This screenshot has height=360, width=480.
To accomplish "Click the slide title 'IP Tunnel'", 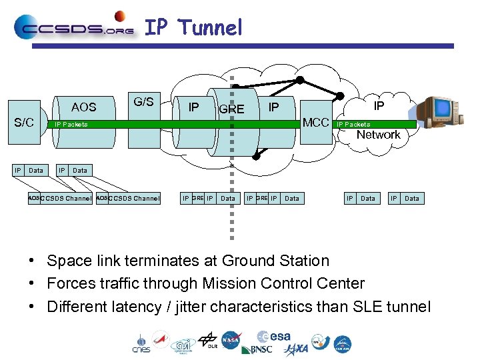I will point(193,27).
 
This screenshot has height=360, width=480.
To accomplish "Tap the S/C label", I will point(24,123).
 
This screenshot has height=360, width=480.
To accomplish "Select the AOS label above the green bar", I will point(83,107).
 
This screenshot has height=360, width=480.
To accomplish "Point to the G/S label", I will point(143,102).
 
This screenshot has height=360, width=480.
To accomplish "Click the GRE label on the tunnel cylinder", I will point(231,109).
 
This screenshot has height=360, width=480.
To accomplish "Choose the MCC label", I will point(315,123).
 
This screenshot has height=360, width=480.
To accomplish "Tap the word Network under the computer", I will point(378,135).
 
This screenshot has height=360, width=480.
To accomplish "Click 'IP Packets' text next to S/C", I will point(71,125).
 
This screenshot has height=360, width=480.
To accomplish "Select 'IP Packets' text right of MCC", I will point(353,125).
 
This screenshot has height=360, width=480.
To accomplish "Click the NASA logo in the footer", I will point(231,340).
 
